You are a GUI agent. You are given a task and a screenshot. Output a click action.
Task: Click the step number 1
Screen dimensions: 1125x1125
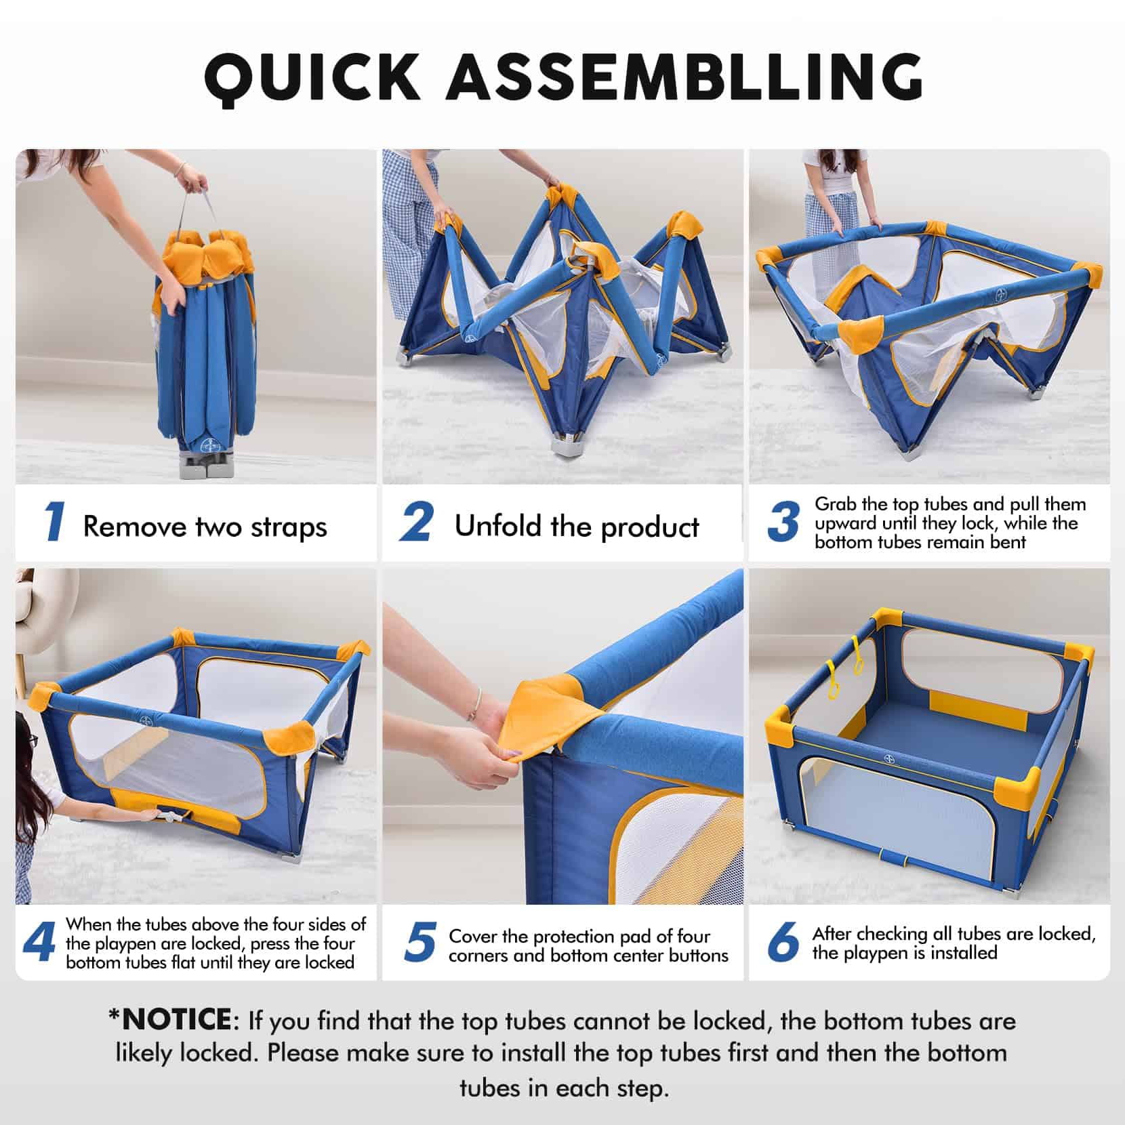pyautogui.click(x=54, y=523)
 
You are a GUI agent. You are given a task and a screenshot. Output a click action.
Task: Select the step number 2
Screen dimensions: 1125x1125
pyautogui.click(x=416, y=523)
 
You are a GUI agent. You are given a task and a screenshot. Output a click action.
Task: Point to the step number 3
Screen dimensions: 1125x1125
pyautogui.click(x=783, y=523)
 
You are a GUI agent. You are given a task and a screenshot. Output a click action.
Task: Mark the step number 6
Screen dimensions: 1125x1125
pyautogui.click(x=783, y=943)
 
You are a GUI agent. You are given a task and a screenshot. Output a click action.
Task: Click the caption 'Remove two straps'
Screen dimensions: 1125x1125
pyautogui.click(x=205, y=527)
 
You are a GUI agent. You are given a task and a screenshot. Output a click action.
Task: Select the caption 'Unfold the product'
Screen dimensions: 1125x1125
pyautogui.click(x=577, y=527)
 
